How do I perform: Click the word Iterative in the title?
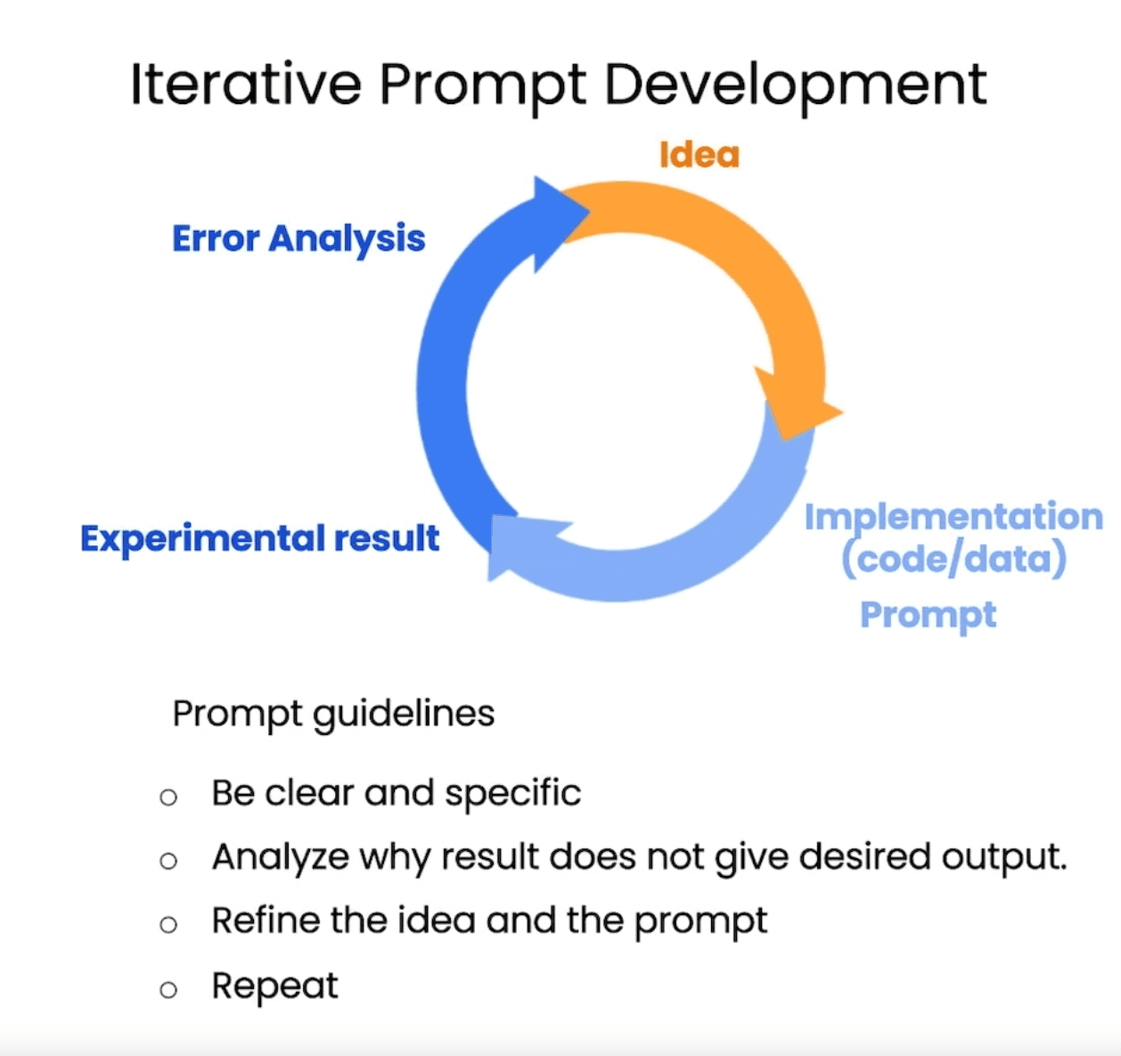tap(245, 85)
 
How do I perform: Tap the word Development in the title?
tap(795, 86)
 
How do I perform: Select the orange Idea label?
tap(699, 155)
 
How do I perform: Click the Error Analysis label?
tap(299, 239)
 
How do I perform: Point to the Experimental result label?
tap(259, 538)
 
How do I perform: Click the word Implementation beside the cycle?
tap(953, 517)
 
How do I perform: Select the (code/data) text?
tap(953, 559)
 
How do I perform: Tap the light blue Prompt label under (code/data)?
tap(928, 615)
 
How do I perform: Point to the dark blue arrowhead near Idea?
tap(557, 218)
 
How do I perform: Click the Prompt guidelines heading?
tap(333, 714)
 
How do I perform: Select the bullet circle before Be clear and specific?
tap(168, 797)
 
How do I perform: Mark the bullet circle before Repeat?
tap(168, 989)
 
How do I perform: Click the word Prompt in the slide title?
tap(482, 86)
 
